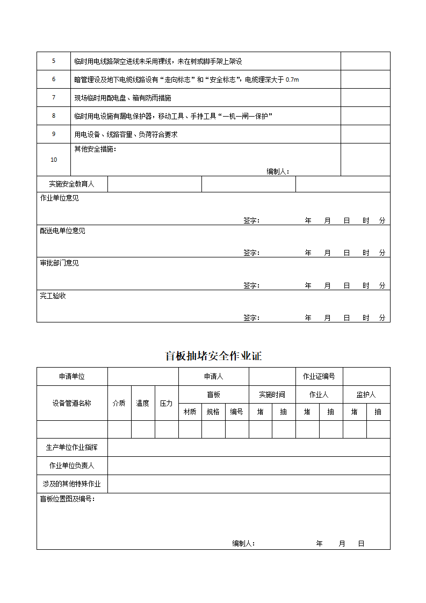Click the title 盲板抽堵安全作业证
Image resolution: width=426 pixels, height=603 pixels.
point(213,356)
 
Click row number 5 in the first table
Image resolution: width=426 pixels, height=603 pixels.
point(54,61)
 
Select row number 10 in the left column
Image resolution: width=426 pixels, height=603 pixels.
point(54,160)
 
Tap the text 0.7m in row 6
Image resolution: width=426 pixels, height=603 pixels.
point(292,80)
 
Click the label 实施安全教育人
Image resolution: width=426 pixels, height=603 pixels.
point(71,184)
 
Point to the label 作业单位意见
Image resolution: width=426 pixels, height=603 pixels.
point(59,198)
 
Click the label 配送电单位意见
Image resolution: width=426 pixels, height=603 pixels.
point(62,231)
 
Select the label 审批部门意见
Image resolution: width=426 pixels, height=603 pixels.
point(59,263)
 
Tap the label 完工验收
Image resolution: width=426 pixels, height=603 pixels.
point(53,296)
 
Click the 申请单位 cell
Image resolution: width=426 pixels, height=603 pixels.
point(72,376)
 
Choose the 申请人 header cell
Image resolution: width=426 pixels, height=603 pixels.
point(213,376)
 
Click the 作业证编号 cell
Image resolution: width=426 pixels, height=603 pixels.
point(319,376)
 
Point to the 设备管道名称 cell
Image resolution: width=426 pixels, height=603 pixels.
point(72,403)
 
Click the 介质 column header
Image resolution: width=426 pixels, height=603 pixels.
point(119,403)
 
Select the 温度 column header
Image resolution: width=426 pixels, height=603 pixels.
point(143,403)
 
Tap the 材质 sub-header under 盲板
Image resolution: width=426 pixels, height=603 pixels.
point(190,412)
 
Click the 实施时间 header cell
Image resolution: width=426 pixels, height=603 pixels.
point(272,394)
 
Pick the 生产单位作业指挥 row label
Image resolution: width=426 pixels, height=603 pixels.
point(72,447)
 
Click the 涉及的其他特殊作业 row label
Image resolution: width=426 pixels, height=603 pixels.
point(72,484)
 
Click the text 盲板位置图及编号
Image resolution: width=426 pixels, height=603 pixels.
point(68,499)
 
